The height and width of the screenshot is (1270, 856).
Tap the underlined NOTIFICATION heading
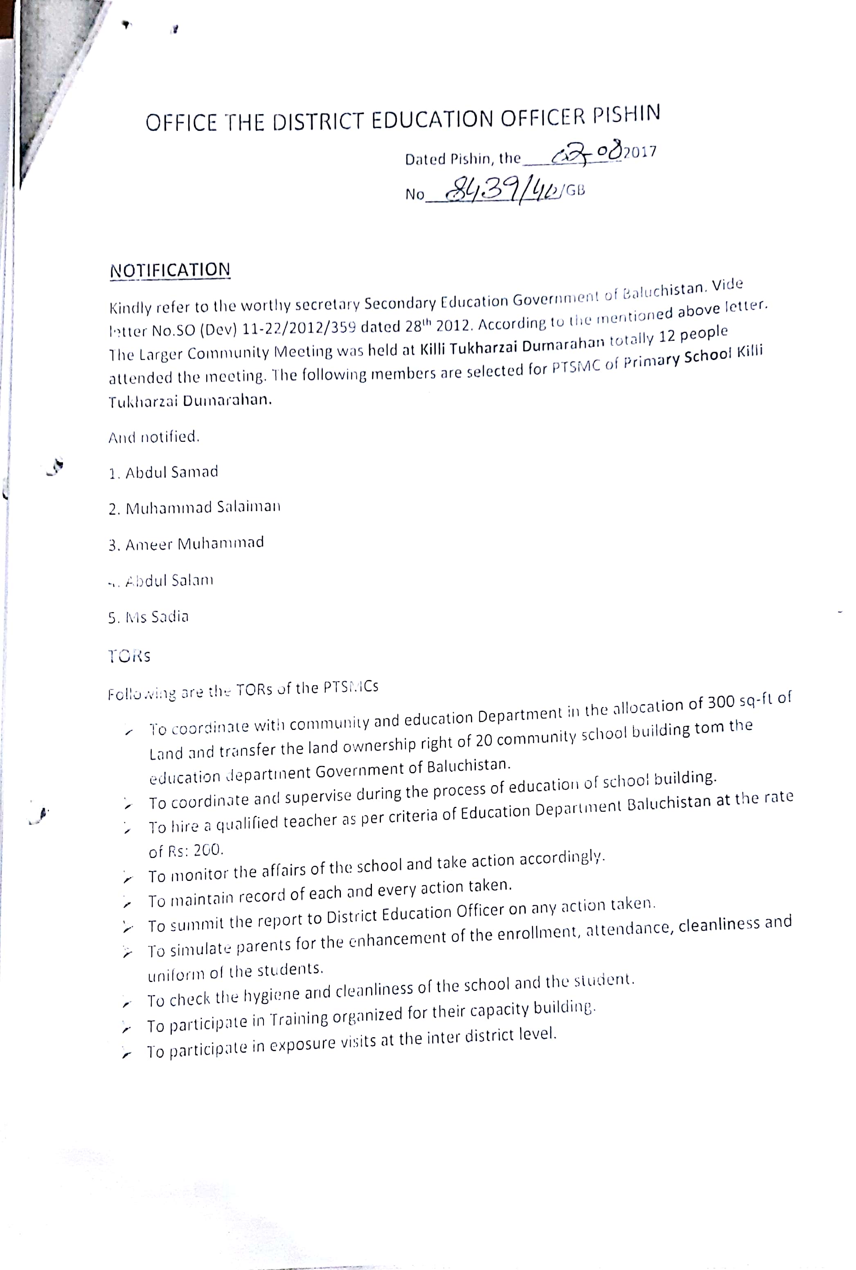[170, 270]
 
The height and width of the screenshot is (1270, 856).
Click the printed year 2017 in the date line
[640, 152]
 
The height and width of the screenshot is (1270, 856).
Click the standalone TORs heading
[129, 656]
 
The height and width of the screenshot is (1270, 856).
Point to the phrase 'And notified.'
[154, 437]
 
